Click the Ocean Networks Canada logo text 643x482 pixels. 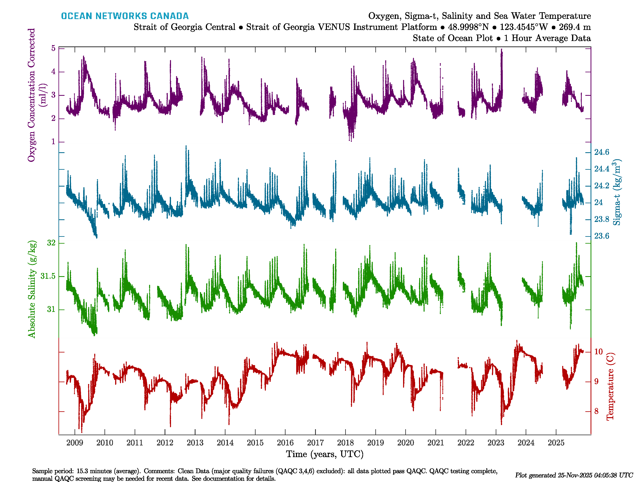pyautogui.click(x=125, y=16)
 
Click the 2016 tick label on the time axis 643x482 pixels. pyautogui.click(x=285, y=443)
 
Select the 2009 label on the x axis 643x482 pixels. pyautogui.click(x=75, y=443)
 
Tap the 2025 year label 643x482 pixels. pyautogui.click(x=556, y=443)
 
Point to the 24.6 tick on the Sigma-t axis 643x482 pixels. pyautogui.click(x=601, y=152)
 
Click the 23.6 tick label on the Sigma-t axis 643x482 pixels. pyautogui.click(x=601, y=236)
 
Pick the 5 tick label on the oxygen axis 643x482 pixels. pyautogui.click(x=53, y=48)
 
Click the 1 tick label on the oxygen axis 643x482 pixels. pyautogui.click(x=53, y=142)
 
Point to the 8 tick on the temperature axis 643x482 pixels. pyautogui.click(x=596, y=411)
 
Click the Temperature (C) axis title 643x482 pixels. pyautogui.click(x=610, y=386)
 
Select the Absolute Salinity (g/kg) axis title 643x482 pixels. pyautogui.click(x=32, y=289)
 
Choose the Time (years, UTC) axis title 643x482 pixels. pyautogui.click(x=325, y=454)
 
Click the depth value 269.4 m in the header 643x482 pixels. pyautogui.click(x=575, y=27)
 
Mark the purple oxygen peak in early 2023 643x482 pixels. pyautogui.click(x=501, y=51)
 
